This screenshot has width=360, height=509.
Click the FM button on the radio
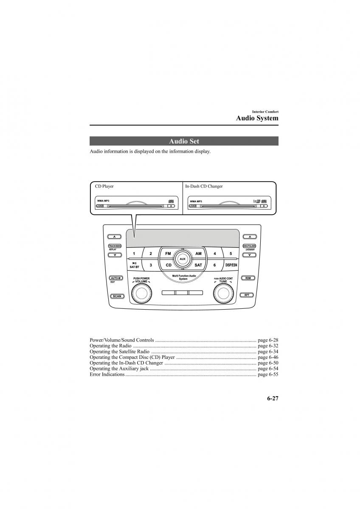click(168, 254)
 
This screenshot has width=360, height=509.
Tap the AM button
click(198, 254)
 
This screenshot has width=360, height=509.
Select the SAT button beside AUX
click(198, 265)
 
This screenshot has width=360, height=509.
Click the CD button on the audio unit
click(168, 265)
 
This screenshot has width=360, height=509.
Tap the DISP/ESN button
click(231, 265)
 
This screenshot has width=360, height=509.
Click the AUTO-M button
click(115, 278)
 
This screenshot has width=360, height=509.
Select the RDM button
click(247, 278)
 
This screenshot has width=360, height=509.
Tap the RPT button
click(247, 295)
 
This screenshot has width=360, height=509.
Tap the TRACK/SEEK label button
click(115, 246)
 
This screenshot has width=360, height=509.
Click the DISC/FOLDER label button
click(249, 246)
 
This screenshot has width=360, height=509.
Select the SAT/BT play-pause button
click(134, 266)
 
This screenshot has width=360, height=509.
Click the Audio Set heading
click(184, 141)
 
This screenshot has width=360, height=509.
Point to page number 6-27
click(273, 398)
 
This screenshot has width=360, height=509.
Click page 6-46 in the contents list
click(267, 358)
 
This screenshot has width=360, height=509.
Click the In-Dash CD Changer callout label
click(204, 186)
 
